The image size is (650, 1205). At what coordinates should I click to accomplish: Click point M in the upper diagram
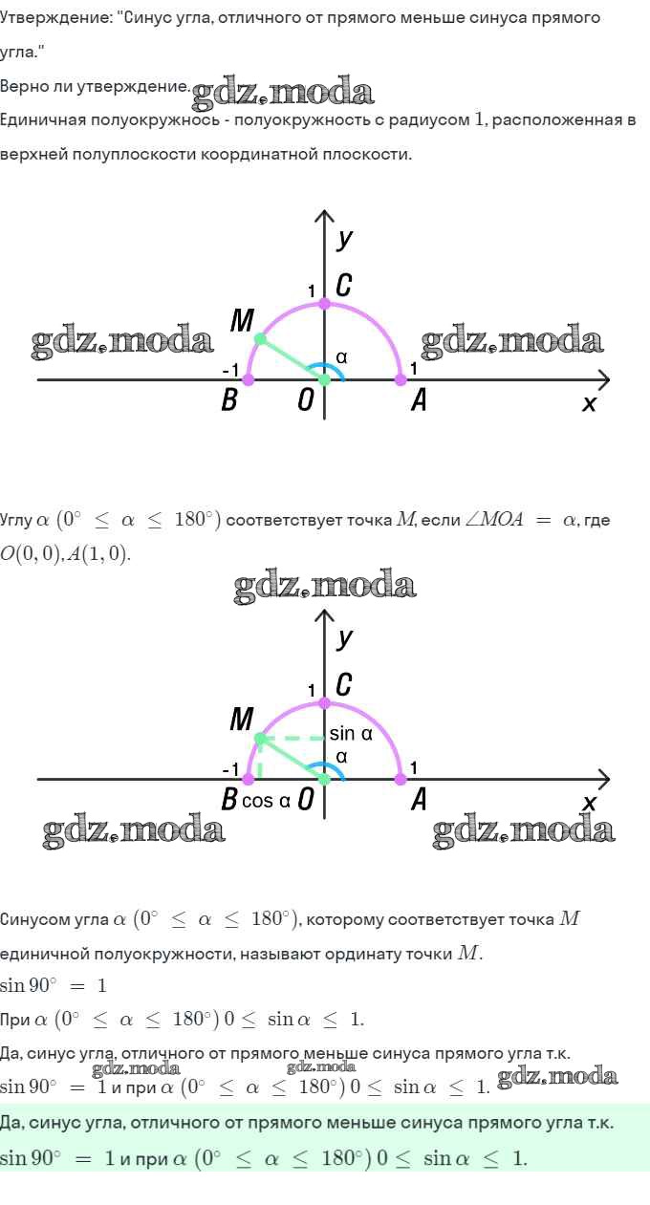(x=260, y=339)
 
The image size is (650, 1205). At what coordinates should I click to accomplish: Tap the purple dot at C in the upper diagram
(x=324, y=304)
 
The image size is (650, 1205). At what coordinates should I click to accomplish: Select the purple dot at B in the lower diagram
(x=249, y=779)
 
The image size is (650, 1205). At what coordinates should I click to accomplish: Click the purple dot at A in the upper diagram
(x=401, y=379)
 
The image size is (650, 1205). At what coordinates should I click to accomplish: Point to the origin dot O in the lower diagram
(x=324, y=779)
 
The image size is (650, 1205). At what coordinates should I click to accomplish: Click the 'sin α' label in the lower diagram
(x=351, y=733)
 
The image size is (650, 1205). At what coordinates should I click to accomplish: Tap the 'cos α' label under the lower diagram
(x=266, y=801)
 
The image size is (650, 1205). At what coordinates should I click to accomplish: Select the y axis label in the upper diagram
(x=344, y=239)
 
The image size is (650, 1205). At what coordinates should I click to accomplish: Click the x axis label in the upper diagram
(x=589, y=403)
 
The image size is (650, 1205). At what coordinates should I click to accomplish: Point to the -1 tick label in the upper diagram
(x=230, y=370)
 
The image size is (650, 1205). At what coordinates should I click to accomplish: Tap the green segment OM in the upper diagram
(x=292, y=359)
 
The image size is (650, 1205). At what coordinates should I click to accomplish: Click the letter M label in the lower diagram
(x=242, y=719)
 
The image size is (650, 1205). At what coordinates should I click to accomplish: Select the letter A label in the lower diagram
(x=419, y=800)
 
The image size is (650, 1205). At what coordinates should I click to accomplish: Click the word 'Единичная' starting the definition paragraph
(x=42, y=119)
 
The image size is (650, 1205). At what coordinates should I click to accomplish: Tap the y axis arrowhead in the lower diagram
(x=324, y=616)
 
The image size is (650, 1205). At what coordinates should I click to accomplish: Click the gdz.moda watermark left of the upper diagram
(x=122, y=341)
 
